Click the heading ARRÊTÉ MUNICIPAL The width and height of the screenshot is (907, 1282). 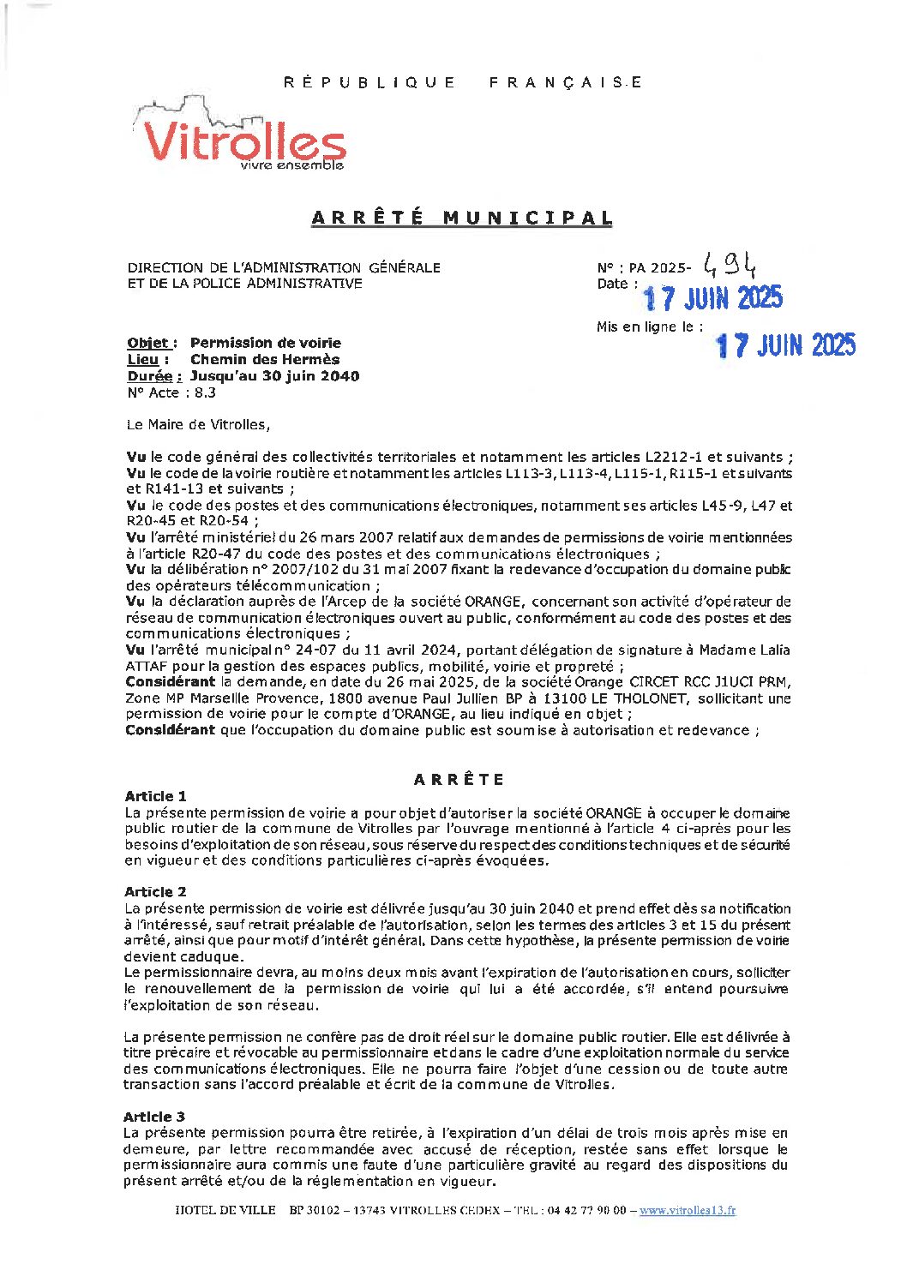461,218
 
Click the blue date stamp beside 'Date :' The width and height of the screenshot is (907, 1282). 712,297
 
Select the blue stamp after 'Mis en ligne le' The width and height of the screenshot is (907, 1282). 785,344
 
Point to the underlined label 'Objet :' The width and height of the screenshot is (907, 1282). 152,343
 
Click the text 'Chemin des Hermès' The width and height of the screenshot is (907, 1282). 264,359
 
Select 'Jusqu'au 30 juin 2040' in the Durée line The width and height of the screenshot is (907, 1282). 274,375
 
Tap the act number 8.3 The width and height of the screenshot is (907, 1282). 206,392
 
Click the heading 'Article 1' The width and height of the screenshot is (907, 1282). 155,796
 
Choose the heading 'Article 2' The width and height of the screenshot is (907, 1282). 155,891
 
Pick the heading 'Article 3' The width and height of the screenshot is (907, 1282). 154,1117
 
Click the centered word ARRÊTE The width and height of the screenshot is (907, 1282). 460,779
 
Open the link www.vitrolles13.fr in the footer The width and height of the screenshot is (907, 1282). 687,1210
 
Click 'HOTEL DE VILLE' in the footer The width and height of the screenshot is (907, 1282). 225,1210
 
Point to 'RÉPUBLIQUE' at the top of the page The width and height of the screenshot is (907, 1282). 369,82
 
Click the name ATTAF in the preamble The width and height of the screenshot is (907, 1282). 146,666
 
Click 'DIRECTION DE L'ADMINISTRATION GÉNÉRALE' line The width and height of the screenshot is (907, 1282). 284,267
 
